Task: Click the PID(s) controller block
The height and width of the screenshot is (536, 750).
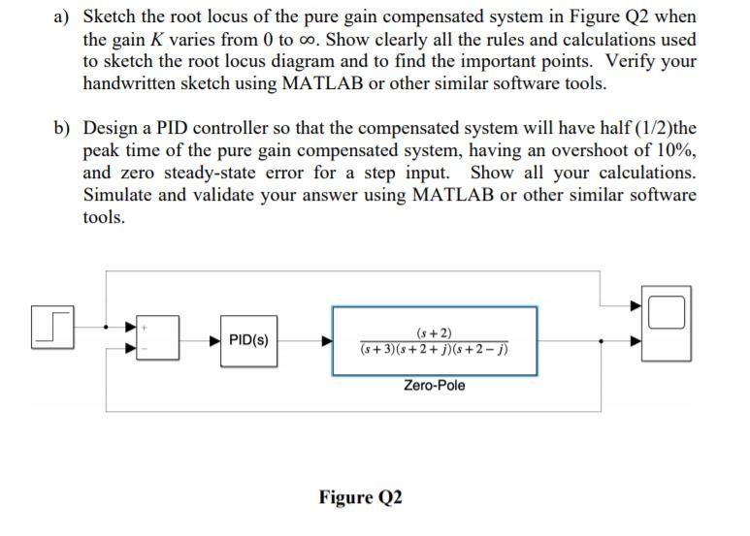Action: click(x=248, y=340)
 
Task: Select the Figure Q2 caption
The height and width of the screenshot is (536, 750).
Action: click(x=360, y=497)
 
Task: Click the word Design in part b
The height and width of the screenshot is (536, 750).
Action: click(x=114, y=128)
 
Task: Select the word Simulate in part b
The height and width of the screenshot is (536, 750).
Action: click(x=122, y=195)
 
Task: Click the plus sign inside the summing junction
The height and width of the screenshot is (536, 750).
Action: click(x=147, y=328)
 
